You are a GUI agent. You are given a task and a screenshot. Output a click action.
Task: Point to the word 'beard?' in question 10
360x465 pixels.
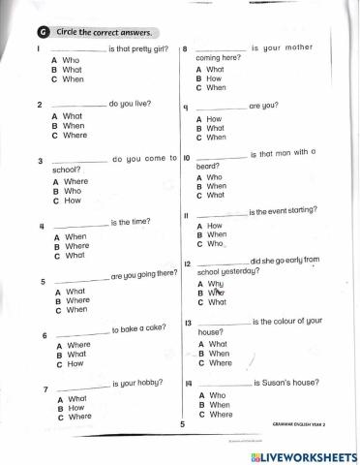pos(209,166)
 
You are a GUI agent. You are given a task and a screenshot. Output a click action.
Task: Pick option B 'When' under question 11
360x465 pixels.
pos(217,234)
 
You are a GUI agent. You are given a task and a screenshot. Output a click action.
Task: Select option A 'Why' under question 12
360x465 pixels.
pos(216,283)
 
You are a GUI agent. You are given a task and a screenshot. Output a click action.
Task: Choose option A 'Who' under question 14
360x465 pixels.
pos(217,395)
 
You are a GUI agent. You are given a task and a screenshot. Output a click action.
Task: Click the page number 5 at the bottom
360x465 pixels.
pos(181,424)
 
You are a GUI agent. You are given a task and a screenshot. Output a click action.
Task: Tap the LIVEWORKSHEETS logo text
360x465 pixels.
pos(305,454)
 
